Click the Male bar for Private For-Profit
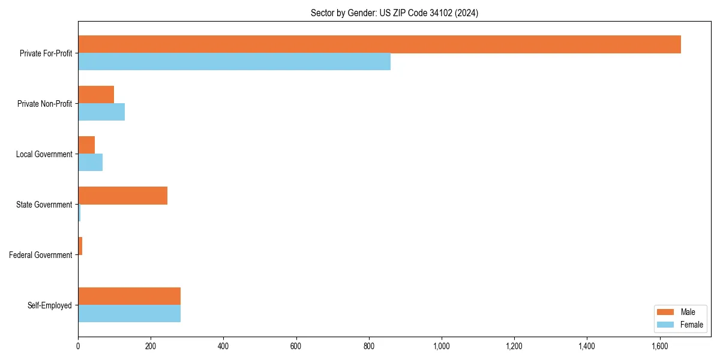(379, 44)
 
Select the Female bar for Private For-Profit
(234, 62)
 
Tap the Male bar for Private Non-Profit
(96, 95)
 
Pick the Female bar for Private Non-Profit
(101, 112)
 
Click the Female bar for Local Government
(90, 163)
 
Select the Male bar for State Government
(122, 196)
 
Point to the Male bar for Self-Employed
(129, 296)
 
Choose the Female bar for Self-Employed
(129, 314)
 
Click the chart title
(394, 13)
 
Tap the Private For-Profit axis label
(46, 53)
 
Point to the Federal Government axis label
(41, 255)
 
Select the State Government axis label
(44, 205)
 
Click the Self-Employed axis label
(50, 305)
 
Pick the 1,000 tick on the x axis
(442, 346)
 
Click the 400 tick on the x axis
(223, 346)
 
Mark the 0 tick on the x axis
(78, 346)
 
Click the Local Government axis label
(44, 154)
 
